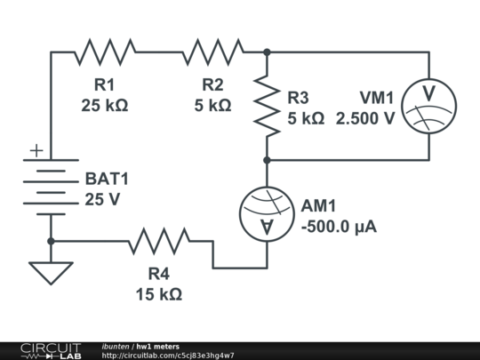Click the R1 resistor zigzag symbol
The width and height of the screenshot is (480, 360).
[105, 52]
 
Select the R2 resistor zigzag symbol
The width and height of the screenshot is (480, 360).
[212, 52]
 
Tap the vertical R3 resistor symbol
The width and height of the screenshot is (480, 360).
[267, 106]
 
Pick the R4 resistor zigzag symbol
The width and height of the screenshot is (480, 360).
[158, 241]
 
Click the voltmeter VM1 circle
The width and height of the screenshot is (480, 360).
[428, 106]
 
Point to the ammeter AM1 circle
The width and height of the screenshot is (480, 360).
[267, 213]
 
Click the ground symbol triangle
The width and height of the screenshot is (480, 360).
[51, 272]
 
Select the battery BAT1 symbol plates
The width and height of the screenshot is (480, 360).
[51, 187]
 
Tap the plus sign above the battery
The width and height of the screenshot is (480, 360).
[36, 151]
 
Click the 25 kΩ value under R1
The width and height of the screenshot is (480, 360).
[105, 105]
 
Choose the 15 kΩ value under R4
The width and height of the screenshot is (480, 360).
[159, 293]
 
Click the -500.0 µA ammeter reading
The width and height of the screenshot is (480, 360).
[339, 227]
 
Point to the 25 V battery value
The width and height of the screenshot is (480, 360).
[102, 199]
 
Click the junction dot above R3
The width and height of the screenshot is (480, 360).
[267, 52]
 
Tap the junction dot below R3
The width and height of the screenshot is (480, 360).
[267, 160]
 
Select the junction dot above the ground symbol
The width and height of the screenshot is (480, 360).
[51, 241]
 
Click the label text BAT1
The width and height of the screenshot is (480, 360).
[107, 179]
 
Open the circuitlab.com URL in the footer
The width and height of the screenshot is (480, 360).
[168, 356]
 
